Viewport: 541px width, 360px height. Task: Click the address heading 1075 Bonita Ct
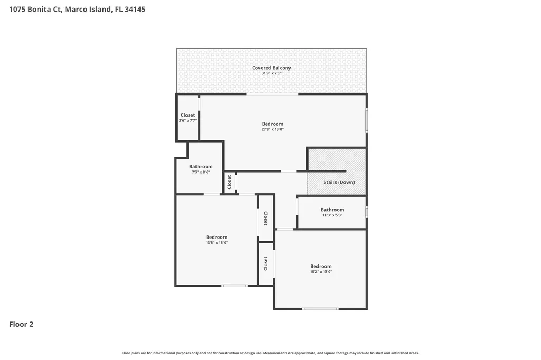click(77, 10)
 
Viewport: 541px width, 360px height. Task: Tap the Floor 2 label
click(21, 324)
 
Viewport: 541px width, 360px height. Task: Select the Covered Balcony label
click(271, 68)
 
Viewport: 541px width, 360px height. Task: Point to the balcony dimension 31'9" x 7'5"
click(271, 73)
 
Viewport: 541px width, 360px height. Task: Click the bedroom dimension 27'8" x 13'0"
click(273, 129)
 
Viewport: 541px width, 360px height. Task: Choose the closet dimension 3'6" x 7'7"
click(188, 121)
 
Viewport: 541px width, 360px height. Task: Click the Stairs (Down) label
click(339, 182)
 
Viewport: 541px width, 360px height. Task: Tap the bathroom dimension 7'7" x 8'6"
click(201, 172)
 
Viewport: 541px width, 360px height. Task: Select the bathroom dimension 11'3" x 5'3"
click(332, 215)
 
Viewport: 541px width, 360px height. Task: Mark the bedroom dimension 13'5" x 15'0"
click(217, 243)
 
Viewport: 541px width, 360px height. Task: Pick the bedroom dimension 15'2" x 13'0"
click(321, 272)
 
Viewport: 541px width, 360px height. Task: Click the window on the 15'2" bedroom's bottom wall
click(320, 309)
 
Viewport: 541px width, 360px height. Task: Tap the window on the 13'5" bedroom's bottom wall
click(234, 286)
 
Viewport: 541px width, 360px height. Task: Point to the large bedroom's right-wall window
click(366, 120)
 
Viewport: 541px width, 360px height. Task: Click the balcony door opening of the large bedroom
click(272, 94)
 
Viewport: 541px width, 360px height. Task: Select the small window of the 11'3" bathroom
click(366, 212)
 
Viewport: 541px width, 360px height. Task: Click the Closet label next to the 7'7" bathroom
click(229, 182)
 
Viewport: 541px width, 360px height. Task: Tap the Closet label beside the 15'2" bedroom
click(266, 263)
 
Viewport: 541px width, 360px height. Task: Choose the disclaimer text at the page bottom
click(270, 353)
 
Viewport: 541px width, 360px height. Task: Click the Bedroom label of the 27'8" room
click(273, 124)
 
